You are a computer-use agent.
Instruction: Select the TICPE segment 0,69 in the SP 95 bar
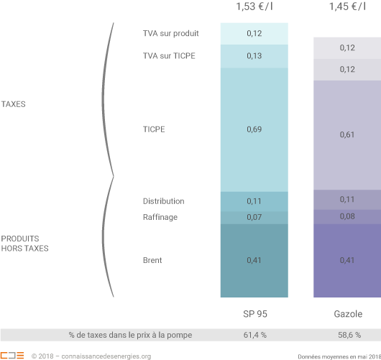(x=254, y=129)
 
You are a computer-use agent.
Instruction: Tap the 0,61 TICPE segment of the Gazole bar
(x=347, y=134)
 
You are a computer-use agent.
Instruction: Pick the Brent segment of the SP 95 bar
(x=254, y=260)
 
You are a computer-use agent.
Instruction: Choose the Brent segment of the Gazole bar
(x=347, y=260)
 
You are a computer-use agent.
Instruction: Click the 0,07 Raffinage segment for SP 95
(x=254, y=217)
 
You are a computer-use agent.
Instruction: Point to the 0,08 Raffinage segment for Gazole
(x=347, y=216)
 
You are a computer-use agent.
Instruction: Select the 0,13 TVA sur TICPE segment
(x=254, y=56)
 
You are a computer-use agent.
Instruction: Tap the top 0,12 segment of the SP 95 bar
(x=254, y=34)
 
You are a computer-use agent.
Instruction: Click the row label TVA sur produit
(x=170, y=33)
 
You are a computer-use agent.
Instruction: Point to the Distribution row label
(x=163, y=201)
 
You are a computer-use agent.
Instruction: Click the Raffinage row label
(x=160, y=217)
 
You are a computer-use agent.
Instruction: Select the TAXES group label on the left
(x=13, y=104)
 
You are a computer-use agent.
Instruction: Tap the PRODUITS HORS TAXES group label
(x=20, y=243)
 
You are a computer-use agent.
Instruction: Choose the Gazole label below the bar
(x=347, y=315)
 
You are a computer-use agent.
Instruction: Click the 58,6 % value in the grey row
(x=347, y=335)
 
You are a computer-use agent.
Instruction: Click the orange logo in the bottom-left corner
(x=12, y=355)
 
